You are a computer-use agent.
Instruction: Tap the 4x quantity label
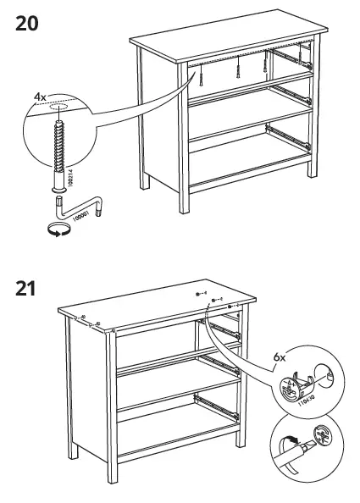point(40,98)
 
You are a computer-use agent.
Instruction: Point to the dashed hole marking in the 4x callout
point(58,108)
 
